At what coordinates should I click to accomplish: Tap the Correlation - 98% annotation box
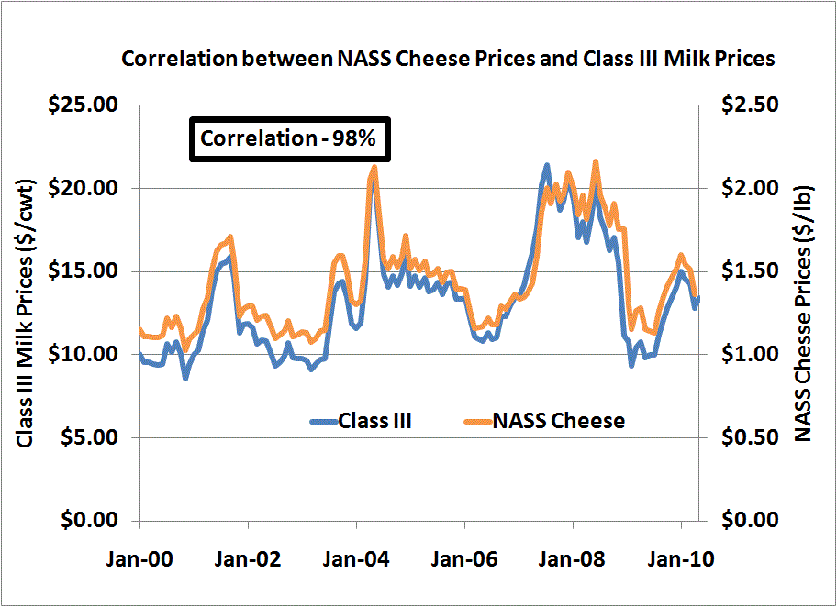(x=283, y=139)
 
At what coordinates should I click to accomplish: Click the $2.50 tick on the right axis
(x=749, y=105)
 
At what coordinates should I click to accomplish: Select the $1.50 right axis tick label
(x=749, y=271)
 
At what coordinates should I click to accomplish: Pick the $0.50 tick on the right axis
(x=749, y=437)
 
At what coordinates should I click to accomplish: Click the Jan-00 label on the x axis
(x=139, y=557)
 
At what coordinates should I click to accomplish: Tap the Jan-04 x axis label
(x=356, y=557)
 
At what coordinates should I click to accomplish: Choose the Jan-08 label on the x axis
(x=573, y=557)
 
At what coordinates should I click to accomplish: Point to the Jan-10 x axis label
(x=681, y=557)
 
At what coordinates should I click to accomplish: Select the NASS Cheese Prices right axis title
(x=806, y=312)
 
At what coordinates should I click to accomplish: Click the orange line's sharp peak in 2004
(x=374, y=168)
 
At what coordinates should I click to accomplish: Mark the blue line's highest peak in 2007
(x=547, y=166)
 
